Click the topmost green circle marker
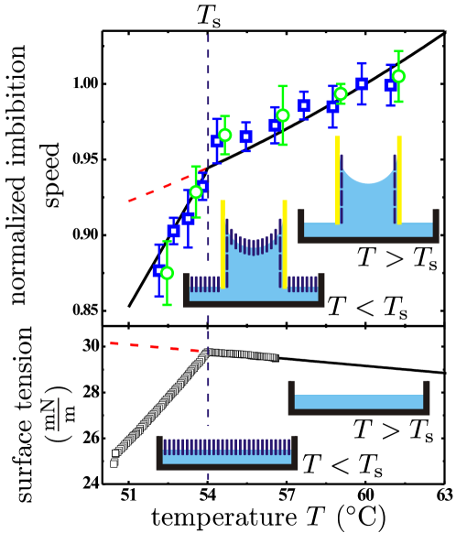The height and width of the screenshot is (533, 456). coord(398,77)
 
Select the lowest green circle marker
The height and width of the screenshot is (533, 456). coord(167,273)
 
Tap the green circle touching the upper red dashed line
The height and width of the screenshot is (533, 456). coord(196,192)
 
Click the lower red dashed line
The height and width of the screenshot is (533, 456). coord(151,346)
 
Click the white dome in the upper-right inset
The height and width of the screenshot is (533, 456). coord(368,154)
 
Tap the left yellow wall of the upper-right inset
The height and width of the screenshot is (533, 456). coord(338,179)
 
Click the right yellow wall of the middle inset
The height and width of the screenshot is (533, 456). coord(285,243)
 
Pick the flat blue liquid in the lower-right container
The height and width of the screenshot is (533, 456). coord(358,402)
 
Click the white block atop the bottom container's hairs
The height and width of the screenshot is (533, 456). coord(209,432)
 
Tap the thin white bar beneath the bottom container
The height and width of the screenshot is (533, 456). coord(209,472)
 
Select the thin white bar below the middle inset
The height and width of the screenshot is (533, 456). coord(206,310)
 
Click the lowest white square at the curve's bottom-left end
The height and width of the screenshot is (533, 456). coord(114,463)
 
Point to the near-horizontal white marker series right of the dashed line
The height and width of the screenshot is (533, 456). coord(243,354)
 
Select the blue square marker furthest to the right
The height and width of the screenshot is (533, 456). coord(390,85)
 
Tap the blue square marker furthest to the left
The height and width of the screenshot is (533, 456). coord(158,271)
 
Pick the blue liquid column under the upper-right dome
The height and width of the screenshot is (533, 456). coord(368,201)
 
